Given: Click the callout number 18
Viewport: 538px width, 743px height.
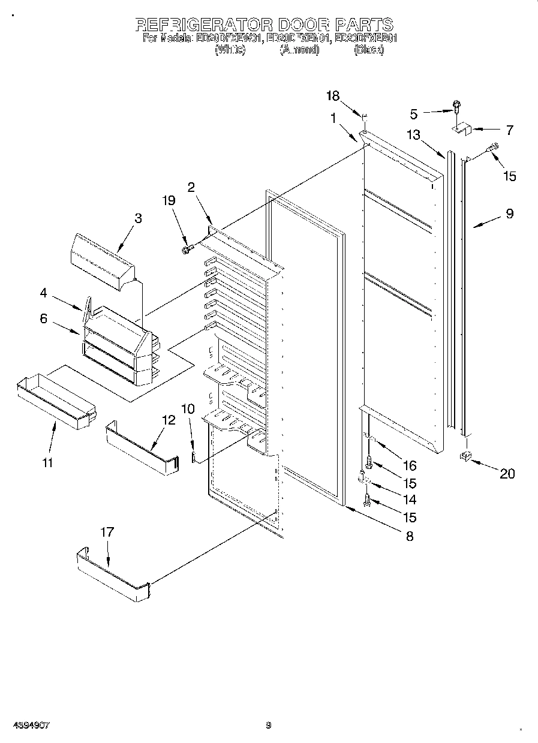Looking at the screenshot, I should pos(333,95).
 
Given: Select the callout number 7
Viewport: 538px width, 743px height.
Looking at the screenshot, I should pos(509,129).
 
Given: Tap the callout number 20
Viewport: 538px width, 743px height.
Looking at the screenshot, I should pos(507,473).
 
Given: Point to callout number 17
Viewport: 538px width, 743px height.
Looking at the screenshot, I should pos(107,532).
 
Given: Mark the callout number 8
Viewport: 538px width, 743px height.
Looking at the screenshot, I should pos(410,536).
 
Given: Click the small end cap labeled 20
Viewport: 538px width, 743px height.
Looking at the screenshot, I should pos(465,458).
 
